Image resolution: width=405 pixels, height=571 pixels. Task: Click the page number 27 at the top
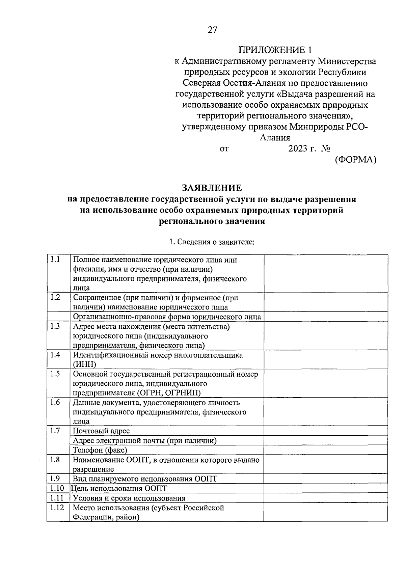[212, 30]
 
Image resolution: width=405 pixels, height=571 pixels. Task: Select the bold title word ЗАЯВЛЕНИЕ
[212, 188]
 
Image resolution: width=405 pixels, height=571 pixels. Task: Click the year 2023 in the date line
[298, 149]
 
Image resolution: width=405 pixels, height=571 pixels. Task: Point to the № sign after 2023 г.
[326, 149]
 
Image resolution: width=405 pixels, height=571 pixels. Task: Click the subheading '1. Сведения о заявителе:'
[212, 242]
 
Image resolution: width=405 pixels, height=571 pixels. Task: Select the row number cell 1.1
[55, 260]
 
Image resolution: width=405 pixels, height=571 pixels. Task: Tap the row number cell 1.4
[55, 355]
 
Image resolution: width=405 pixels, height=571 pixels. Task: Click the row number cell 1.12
[57, 508]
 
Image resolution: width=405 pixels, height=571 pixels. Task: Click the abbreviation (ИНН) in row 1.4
[84, 364]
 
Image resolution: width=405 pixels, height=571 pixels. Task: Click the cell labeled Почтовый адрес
[101, 431]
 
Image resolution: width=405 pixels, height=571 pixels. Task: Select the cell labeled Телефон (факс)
[100, 450]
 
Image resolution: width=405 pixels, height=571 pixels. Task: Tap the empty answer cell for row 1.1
[326, 273]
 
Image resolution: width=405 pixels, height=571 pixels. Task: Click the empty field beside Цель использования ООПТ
[326, 488]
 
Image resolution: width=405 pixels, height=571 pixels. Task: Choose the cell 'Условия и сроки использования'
[129, 498]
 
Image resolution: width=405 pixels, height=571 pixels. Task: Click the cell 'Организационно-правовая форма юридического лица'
[167, 317]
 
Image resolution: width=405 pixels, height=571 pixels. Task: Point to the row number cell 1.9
[55, 479]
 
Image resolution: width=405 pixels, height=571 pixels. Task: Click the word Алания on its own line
[275, 138]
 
